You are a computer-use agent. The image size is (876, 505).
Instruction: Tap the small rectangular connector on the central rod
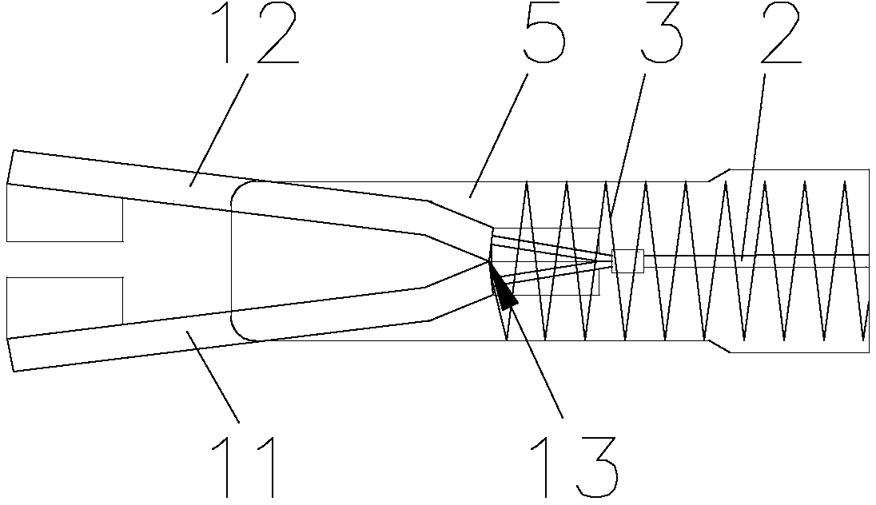(x=627, y=261)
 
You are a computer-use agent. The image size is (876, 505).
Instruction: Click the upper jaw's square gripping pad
(x=64, y=212)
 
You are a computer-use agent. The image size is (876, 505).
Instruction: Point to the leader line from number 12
(x=218, y=128)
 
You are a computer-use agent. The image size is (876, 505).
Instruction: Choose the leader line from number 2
(x=753, y=164)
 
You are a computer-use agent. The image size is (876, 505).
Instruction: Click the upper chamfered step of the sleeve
(x=719, y=174)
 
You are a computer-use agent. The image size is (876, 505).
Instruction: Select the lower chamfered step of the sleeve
(x=719, y=346)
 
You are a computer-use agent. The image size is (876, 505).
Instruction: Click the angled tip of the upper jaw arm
(x=10, y=166)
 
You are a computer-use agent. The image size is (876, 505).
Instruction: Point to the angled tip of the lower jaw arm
(x=10, y=354)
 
